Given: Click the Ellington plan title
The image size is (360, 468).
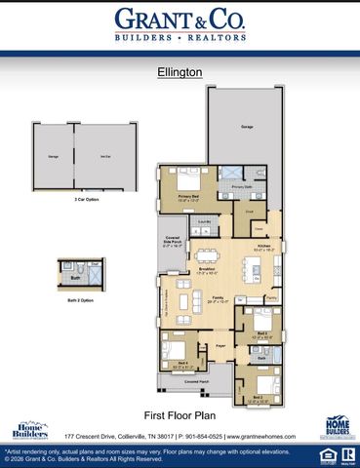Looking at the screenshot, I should tap(180, 71).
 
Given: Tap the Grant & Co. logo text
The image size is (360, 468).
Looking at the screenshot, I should tap(180, 19).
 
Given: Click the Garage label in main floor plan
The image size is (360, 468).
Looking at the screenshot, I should tap(247, 127).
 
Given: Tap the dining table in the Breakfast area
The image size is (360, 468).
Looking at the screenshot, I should tap(208, 257).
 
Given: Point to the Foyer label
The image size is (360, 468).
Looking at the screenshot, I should tap(220, 344).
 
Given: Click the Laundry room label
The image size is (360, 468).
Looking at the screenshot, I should tap(205, 222).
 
